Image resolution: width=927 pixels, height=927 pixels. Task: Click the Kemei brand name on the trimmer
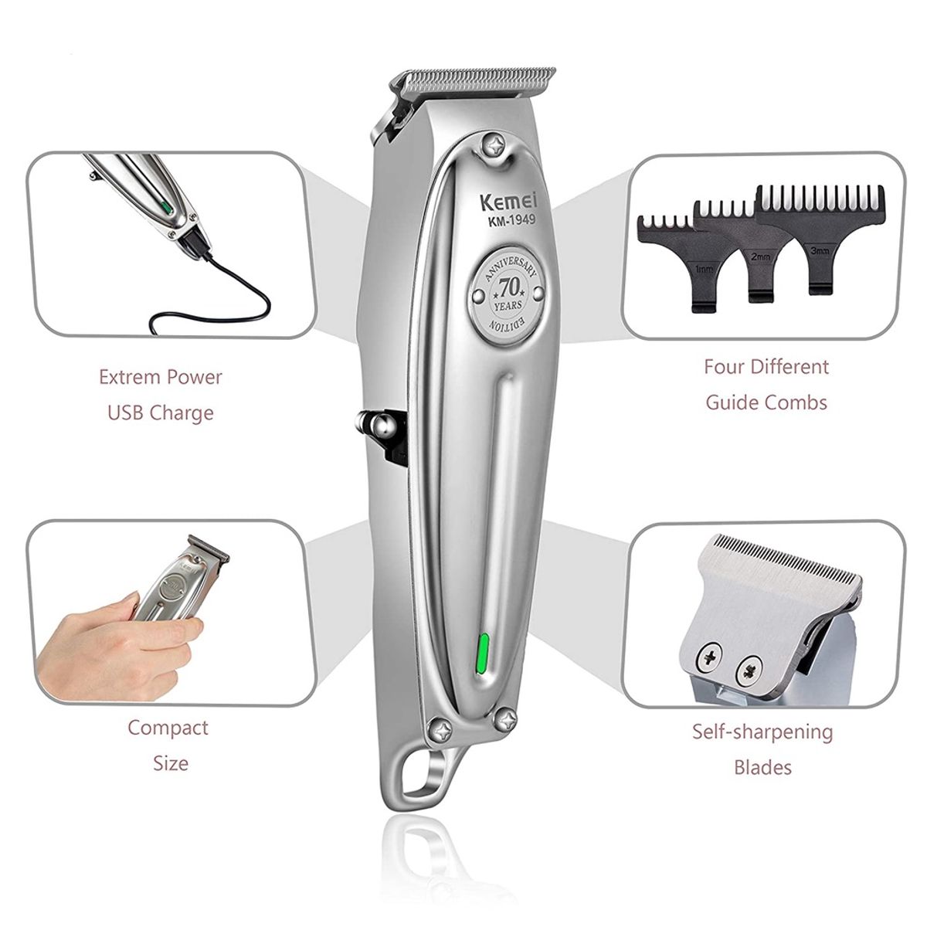point(505,203)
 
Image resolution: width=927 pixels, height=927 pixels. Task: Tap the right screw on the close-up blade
point(747,668)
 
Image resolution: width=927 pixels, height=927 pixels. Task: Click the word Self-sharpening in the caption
point(762,732)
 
